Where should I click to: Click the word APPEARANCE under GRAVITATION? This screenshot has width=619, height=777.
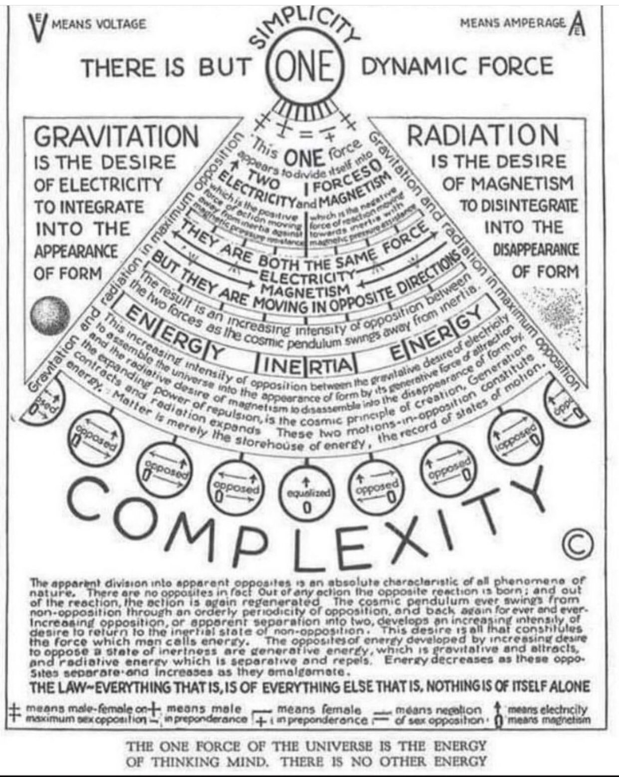75,251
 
